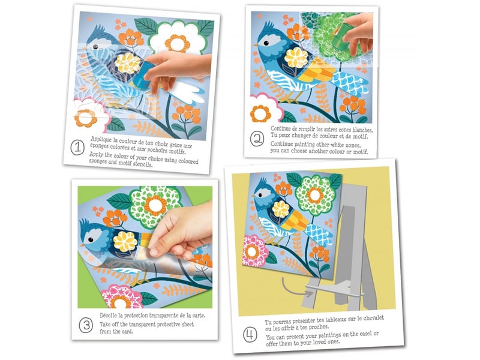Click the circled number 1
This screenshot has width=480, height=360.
pos(77,147)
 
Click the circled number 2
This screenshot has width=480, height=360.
pos(257,139)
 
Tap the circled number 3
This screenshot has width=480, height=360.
pos(86,325)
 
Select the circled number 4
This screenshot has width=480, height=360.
pos(250,335)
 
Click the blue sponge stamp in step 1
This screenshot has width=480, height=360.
pos(143,73)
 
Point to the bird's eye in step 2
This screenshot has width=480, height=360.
pos(266,43)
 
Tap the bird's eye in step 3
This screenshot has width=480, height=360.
pos(91,239)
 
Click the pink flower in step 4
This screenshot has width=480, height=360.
pos(254,251)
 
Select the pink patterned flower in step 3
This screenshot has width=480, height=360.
pos(121,296)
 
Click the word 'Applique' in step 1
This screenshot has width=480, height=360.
pos(101,140)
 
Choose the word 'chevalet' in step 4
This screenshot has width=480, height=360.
pos(373,318)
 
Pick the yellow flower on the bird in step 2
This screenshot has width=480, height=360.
pos(296,57)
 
